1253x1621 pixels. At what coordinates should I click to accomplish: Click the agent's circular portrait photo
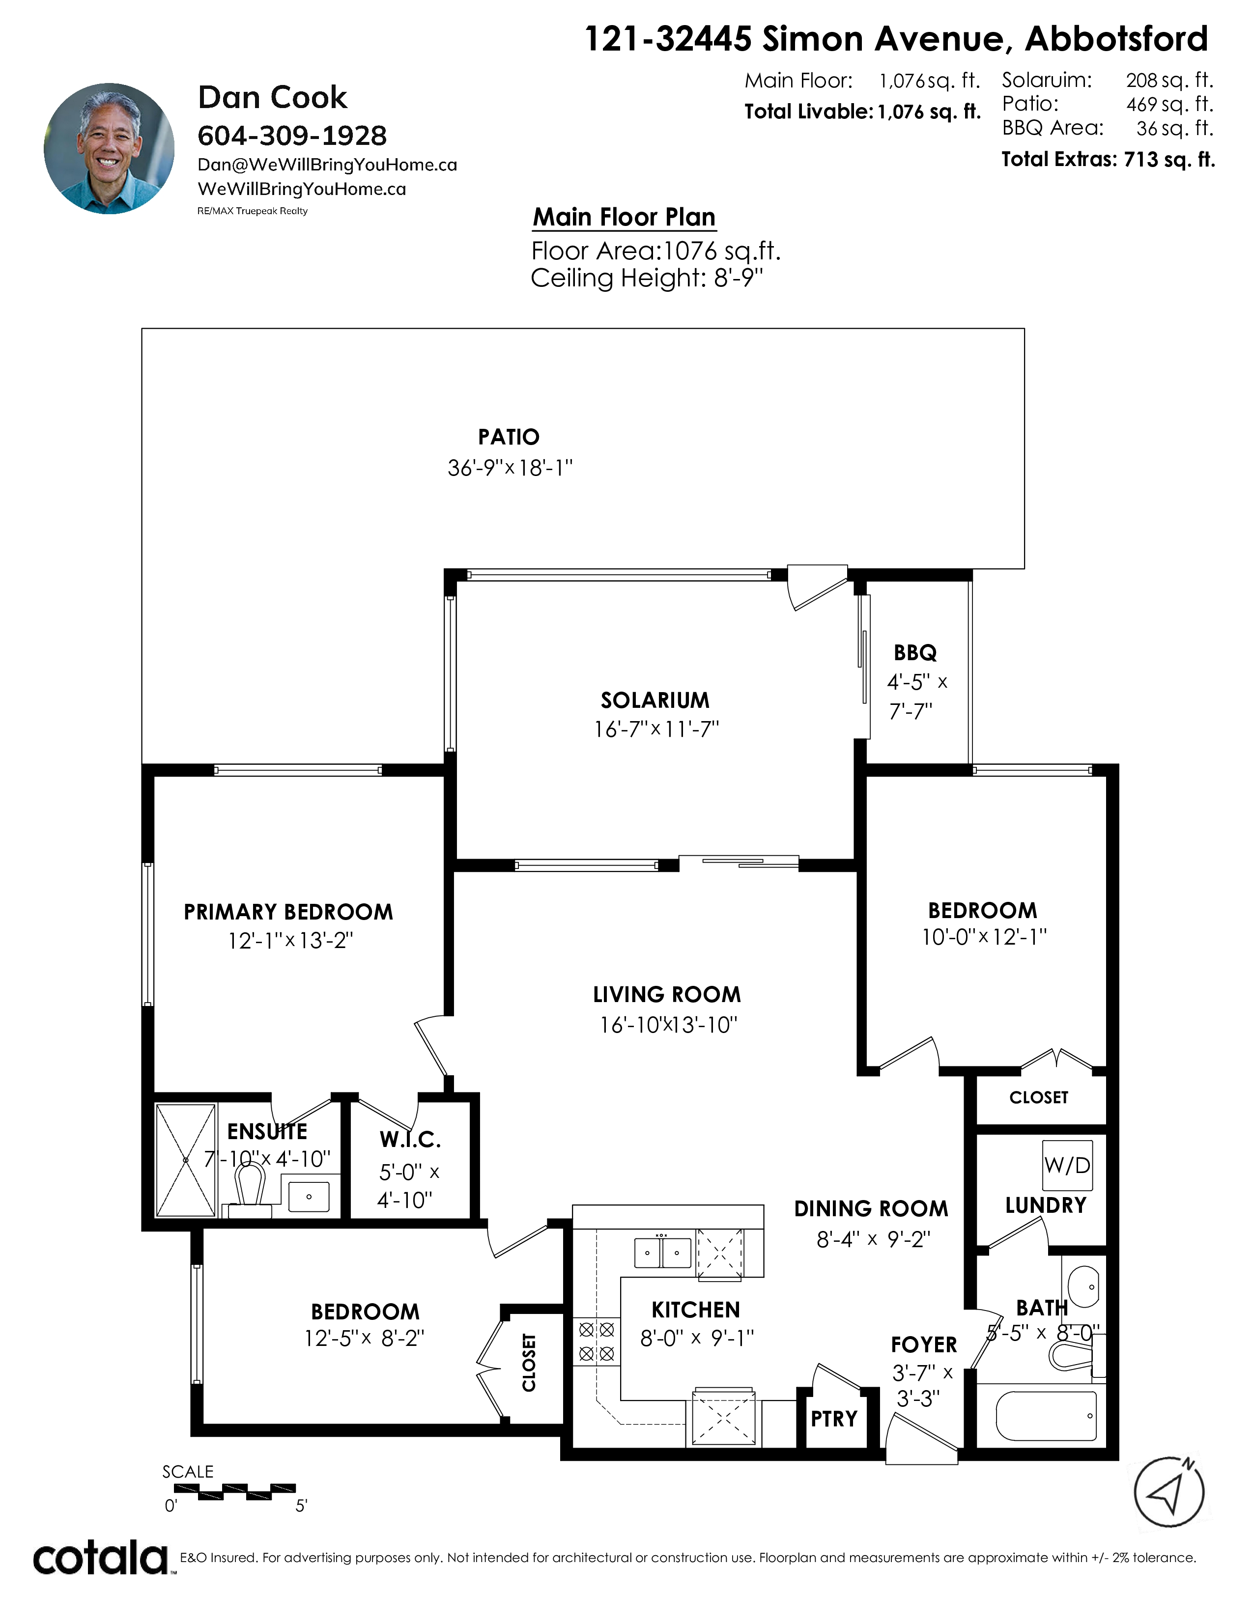coord(109,148)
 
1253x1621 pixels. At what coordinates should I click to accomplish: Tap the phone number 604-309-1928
coord(292,136)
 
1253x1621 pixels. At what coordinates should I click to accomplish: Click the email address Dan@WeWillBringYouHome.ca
coord(327,165)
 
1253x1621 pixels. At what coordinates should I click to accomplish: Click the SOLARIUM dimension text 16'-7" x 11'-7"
coord(656,729)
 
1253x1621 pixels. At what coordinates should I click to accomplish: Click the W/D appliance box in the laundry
coord(1067,1165)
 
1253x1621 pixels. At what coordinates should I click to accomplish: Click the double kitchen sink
coord(663,1253)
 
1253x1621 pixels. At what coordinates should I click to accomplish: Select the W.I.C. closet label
coord(410,1139)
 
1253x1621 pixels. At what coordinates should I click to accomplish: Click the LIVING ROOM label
coord(667,995)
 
